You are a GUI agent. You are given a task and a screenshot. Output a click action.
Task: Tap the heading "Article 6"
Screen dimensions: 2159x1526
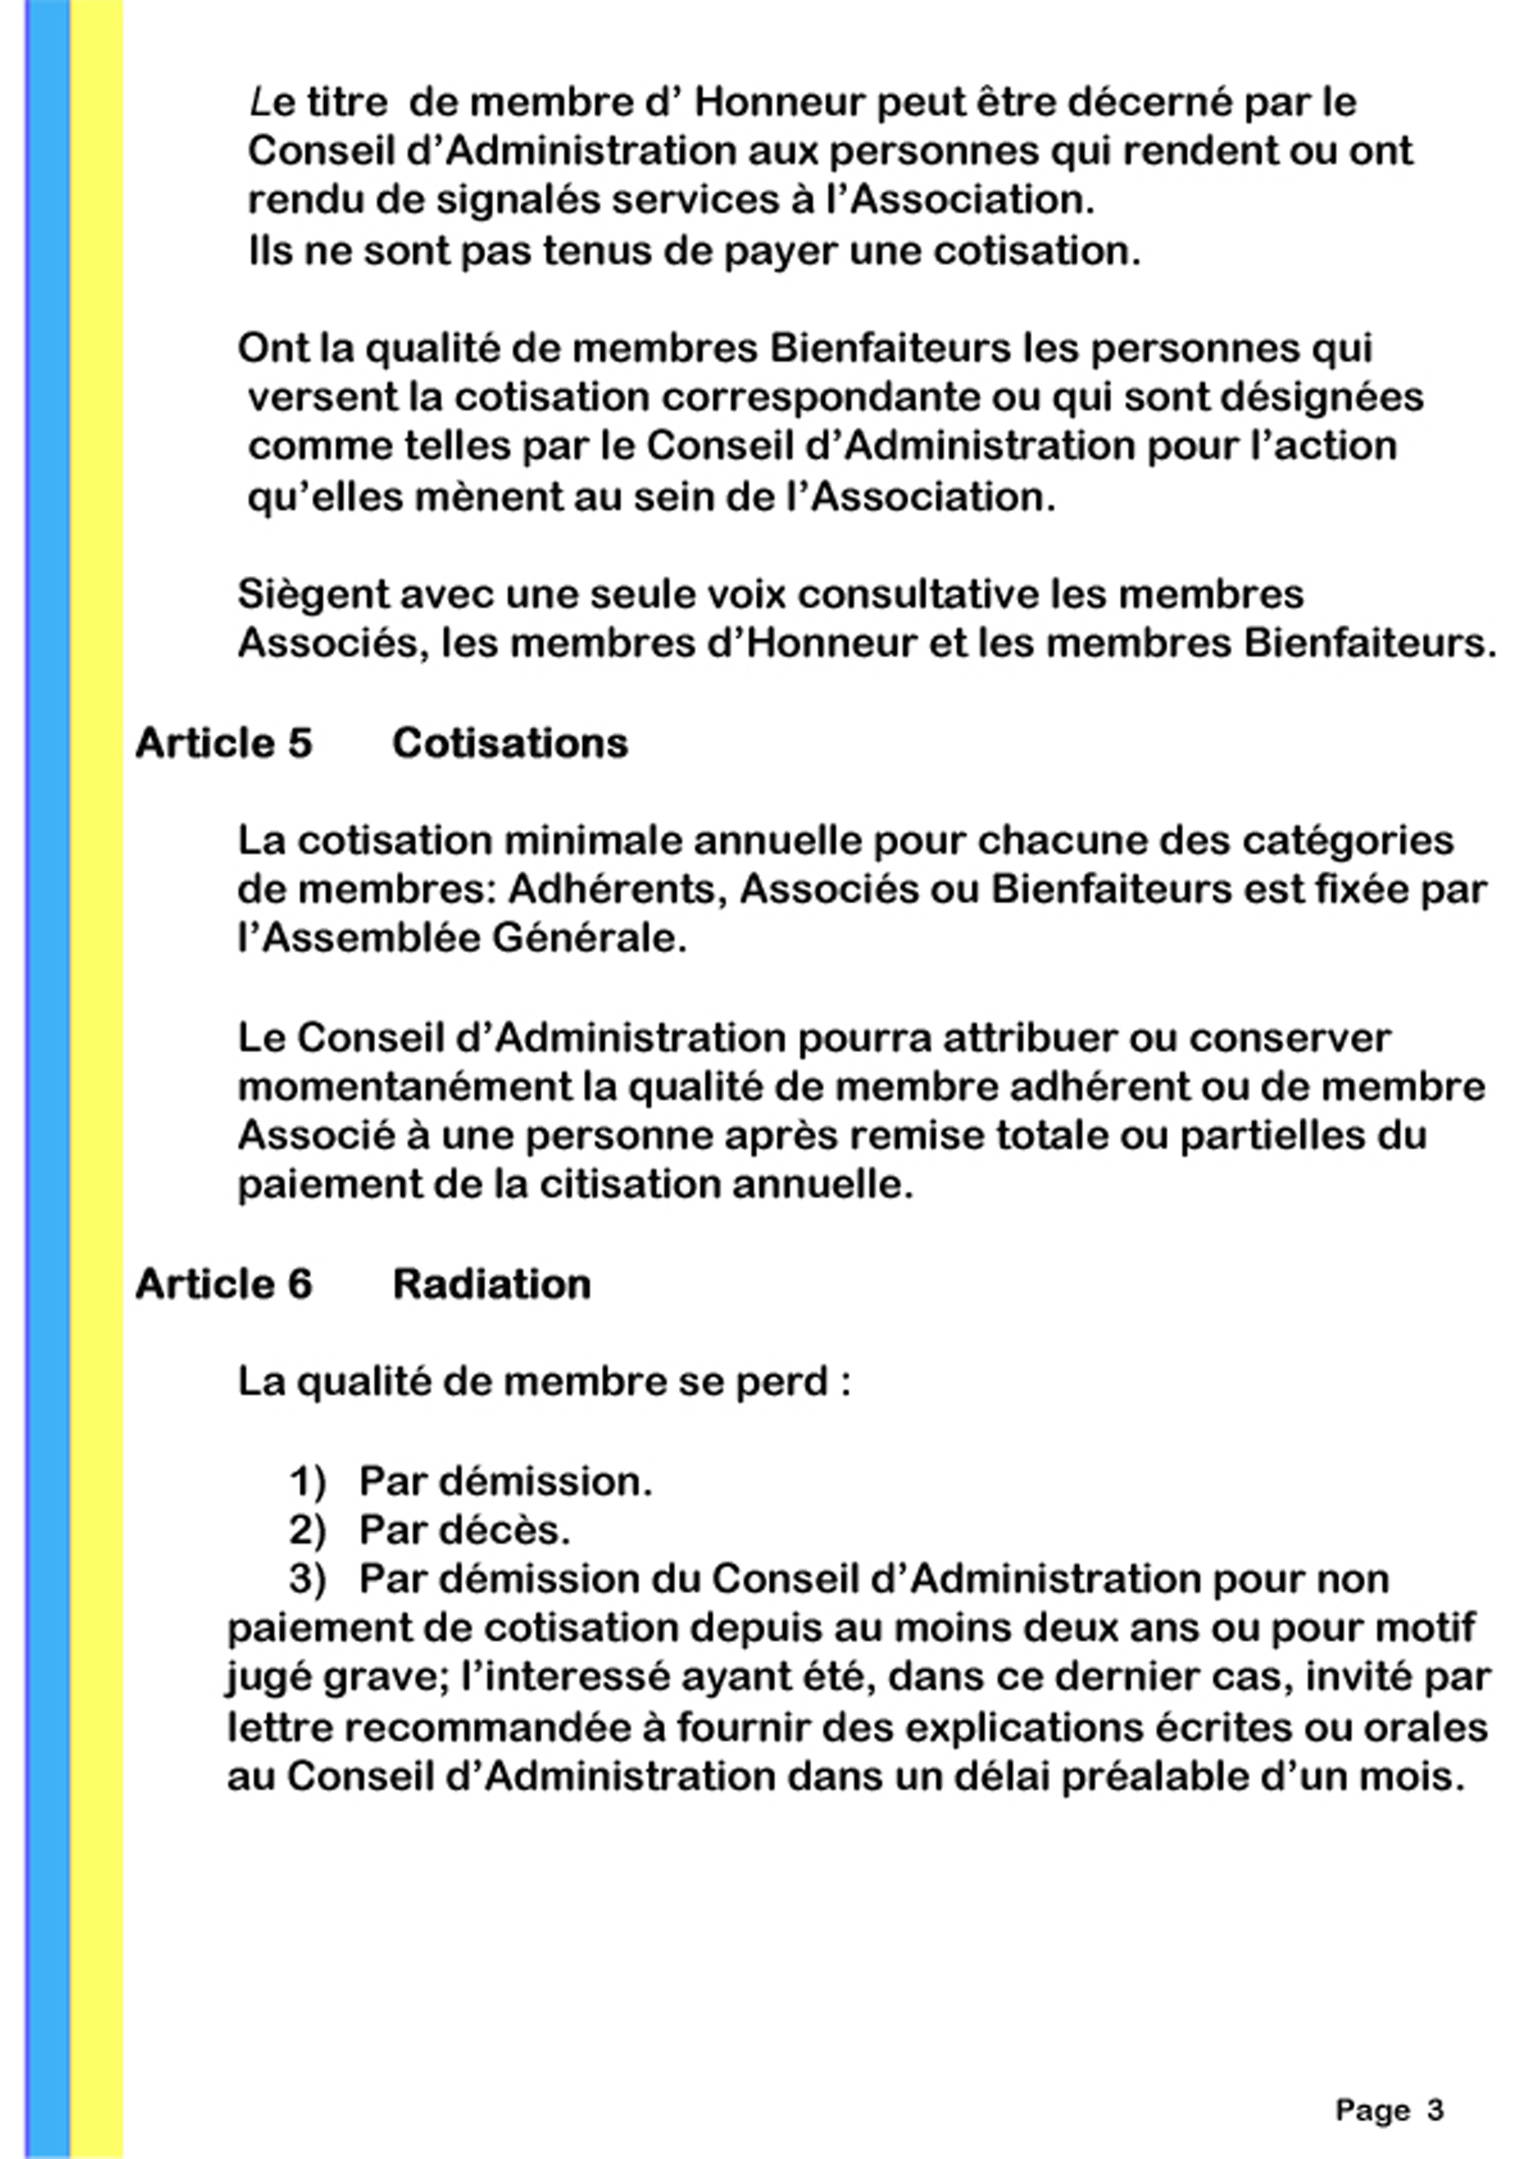[x=223, y=1284]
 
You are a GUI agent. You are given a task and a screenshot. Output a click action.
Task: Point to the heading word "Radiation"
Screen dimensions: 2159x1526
[x=492, y=1284]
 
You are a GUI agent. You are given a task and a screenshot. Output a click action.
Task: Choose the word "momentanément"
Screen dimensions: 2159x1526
[x=404, y=1088]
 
